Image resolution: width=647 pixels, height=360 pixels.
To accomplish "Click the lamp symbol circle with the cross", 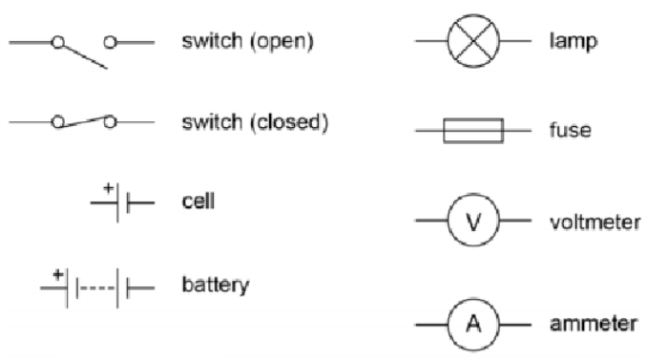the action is (x=473, y=41).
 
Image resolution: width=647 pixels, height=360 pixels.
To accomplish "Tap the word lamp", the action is (x=574, y=42).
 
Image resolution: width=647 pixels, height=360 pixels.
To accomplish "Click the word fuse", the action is (x=571, y=130).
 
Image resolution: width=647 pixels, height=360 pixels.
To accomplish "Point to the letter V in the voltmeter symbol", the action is (x=473, y=222).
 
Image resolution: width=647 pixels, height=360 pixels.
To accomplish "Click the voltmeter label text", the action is (x=595, y=222).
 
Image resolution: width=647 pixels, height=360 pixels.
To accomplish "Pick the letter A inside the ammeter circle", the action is (x=473, y=324).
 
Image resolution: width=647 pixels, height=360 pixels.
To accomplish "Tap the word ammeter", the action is (x=594, y=324).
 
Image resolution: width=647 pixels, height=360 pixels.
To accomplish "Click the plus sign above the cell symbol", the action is (x=108, y=188).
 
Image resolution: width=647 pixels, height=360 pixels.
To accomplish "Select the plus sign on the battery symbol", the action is (x=58, y=274).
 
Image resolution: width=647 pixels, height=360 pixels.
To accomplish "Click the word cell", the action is (x=198, y=201).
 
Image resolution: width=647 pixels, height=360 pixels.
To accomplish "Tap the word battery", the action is (x=216, y=286).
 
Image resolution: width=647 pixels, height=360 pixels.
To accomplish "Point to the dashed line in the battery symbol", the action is (x=97, y=287).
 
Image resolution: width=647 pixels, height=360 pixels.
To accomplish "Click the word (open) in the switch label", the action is (x=282, y=41).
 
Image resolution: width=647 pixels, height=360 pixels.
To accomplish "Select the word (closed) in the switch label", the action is (x=289, y=122).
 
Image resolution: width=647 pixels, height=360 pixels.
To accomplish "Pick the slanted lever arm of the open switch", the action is (x=86, y=57).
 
